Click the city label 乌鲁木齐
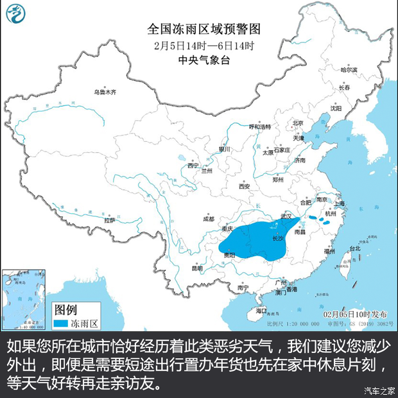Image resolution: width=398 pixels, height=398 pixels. [105, 92]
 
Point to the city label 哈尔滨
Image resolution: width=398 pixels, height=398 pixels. [348, 69]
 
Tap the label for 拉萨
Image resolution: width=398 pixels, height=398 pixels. [110, 220]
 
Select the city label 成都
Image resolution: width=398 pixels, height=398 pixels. [207, 220]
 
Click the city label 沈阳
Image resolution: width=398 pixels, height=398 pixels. [335, 108]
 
